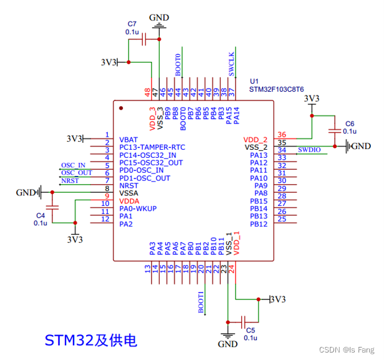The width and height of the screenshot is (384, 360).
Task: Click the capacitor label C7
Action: [131, 23]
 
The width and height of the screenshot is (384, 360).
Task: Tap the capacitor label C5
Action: [250, 329]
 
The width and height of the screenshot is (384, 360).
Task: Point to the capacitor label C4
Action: [41, 215]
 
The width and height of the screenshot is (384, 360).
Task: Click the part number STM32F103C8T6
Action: [277, 89]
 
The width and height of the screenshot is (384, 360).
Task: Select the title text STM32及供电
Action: [90, 340]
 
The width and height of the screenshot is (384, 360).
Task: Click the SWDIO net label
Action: [310, 150]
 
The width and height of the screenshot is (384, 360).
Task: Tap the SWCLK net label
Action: [231, 64]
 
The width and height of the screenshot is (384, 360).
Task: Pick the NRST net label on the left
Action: [70, 180]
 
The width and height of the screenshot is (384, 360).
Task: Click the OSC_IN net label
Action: [73, 165]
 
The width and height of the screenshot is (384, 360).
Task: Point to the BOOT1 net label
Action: [201, 302]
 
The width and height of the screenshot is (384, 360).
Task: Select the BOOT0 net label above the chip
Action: [178, 65]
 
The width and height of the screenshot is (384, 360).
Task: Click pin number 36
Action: [282, 135]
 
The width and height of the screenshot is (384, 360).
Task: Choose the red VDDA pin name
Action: [130, 202]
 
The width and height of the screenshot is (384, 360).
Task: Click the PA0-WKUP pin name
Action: [138, 209]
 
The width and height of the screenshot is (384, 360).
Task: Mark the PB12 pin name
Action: [258, 224]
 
